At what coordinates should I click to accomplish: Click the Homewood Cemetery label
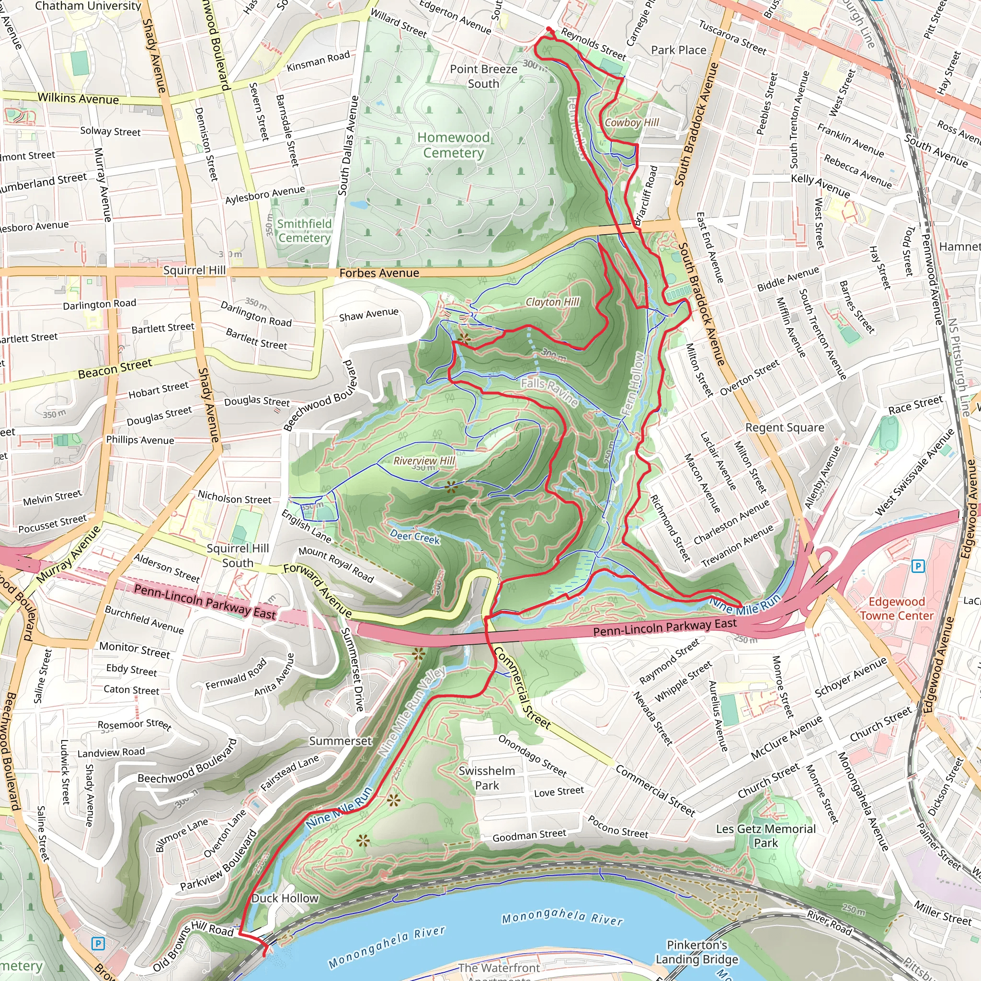point(454,145)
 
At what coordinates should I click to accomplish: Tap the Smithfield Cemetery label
point(305,230)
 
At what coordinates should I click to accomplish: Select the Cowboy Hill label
point(631,122)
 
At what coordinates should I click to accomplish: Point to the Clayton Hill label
point(552,302)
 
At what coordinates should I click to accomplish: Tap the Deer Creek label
point(415,536)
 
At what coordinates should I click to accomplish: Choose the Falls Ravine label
point(549,391)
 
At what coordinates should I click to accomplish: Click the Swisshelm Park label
point(487,778)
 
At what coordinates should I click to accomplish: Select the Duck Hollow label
point(285,898)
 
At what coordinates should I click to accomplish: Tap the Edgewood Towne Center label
point(896,608)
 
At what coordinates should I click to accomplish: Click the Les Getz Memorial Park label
point(766,836)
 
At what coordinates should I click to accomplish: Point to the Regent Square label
point(785,428)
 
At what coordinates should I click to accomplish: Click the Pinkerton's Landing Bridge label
point(696,952)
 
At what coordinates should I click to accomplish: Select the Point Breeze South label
point(483,76)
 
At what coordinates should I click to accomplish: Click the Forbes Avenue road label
point(379,273)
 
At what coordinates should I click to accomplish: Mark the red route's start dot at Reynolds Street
point(549,29)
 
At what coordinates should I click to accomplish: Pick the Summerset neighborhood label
point(340,741)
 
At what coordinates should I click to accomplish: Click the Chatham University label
point(88,6)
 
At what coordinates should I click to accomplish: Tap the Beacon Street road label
point(115,368)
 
